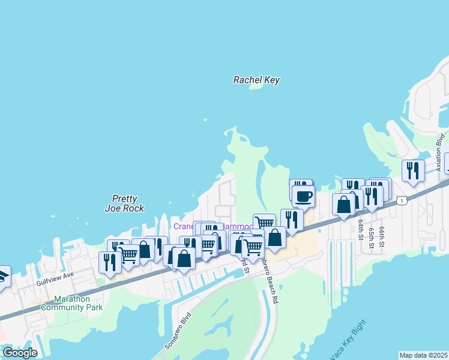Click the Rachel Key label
(256, 80)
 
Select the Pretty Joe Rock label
(125, 204)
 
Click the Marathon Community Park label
(71, 303)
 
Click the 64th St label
(361, 228)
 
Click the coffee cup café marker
(303, 196)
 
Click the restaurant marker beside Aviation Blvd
(413, 170)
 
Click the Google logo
(20, 353)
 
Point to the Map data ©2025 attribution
(423, 355)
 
